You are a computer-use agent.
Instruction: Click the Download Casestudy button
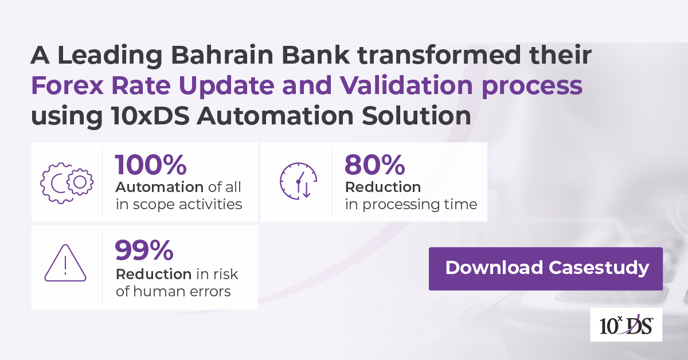click(545, 268)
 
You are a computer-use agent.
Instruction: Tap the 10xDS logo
click(626, 325)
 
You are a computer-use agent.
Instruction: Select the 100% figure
click(151, 165)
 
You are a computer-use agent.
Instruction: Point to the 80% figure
click(374, 165)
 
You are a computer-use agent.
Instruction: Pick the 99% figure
click(144, 250)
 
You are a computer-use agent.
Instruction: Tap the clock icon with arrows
click(298, 181)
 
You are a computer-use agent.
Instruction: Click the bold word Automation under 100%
click(159, 187)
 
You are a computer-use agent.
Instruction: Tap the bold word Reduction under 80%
click(383, 187)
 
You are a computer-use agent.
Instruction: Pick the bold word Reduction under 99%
click(154, 274)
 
